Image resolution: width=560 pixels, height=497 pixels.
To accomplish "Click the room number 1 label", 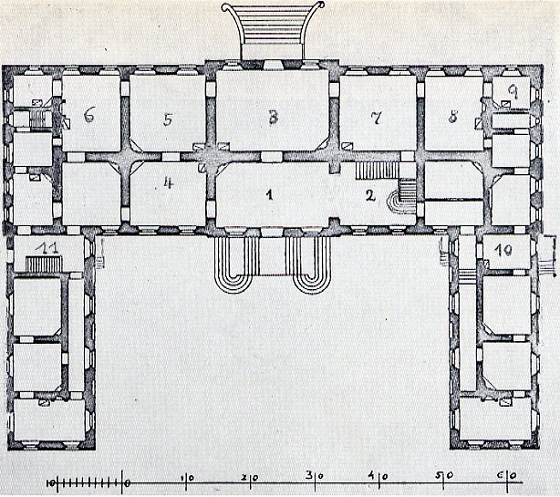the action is point(270,194).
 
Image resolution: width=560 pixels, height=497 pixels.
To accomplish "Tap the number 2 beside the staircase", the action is point(370,195).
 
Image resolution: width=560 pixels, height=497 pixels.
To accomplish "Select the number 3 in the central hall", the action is point(274,118).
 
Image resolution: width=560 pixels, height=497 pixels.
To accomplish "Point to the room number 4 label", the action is point(168,182).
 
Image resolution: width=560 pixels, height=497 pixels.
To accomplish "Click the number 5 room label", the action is point(168,119).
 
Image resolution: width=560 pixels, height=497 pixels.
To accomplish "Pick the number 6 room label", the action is point(89,115).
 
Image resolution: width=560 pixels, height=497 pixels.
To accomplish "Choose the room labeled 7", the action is point(376,118).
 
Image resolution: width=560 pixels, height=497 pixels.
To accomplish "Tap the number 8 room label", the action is point(453,117).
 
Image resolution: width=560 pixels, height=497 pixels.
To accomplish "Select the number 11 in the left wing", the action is point(47,248).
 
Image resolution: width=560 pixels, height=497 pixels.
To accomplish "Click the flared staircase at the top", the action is point(273,30).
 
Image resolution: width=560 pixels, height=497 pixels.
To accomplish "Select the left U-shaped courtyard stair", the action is point(235,264).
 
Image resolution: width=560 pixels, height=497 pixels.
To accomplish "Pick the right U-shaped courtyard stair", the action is point(308,264).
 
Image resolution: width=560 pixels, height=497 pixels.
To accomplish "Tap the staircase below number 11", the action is point(44,264).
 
